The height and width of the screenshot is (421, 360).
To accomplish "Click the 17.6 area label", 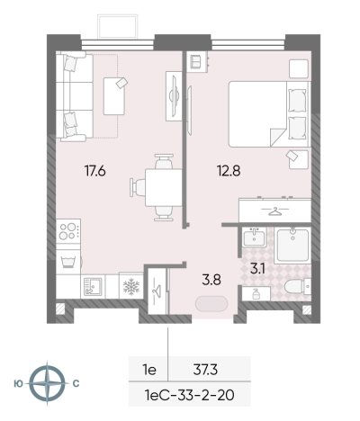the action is (x=94, y=171).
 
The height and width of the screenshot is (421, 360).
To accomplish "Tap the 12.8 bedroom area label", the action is (x=229, y=171).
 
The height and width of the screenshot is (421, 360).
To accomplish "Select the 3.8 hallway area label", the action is (x=211, y=280).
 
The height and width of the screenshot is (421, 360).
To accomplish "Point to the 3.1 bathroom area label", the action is (x=257, y=269).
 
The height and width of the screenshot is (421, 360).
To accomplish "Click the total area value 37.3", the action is (x=205, y=370).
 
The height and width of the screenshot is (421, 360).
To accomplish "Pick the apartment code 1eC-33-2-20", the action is (x=189, y=395).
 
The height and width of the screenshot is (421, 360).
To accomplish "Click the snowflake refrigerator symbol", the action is (x=131, y=286).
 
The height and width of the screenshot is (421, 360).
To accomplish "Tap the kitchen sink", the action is (x=93, y=286).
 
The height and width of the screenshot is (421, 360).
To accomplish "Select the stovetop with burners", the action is (x=68, y=230).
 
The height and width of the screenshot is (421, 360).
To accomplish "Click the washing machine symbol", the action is (x=68, y=262).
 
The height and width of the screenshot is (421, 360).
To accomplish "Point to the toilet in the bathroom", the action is (x=297, y=287).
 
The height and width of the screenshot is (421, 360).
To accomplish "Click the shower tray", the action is (x=292, y=246).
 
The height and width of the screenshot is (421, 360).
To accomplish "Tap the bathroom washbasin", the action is (x=255, y=237).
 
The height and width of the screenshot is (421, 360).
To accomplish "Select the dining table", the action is (x=164, y=187).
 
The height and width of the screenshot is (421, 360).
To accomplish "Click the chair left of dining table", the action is (x=138, y=187).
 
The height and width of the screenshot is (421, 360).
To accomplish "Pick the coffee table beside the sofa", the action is (x=114, y=96).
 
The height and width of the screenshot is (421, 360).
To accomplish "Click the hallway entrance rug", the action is (x=211, y=303).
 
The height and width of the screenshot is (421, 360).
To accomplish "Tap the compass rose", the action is (x=48, y=383).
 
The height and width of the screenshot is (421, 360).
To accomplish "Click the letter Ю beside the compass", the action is (x=19, y=383).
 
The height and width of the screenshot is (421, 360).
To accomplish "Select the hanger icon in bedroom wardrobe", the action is (x=274, y=211).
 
